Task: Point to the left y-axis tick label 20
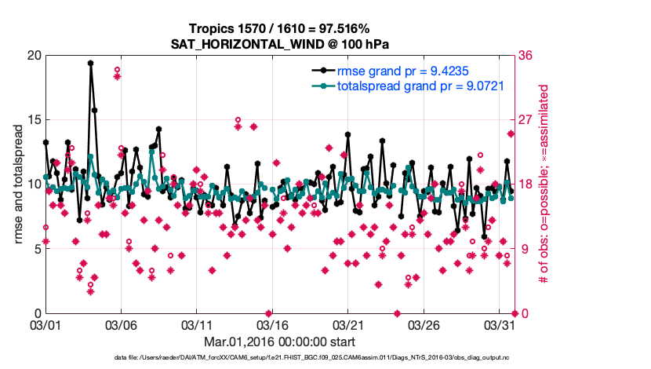coord(33,56)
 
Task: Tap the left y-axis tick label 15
coord(33,120)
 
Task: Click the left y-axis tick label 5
coord(37,249)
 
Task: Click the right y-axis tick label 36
coord(526,56)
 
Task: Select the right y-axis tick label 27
coord(526,120)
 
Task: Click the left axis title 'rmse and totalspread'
coord(18,184)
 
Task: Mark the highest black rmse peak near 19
coord(91,63)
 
